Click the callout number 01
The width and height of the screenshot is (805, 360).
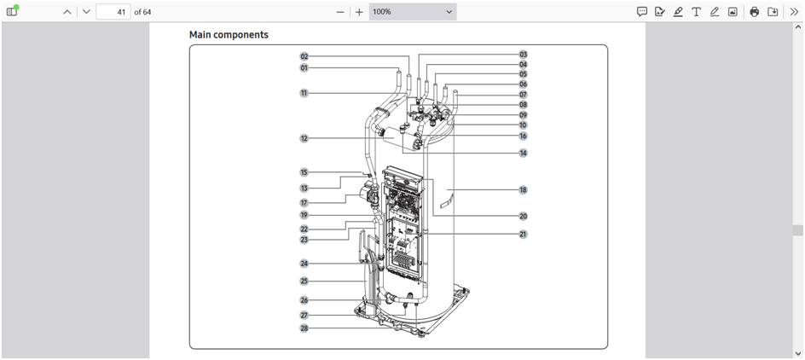tap(304, 67)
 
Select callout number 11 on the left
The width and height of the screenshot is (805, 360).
tap(304, 93)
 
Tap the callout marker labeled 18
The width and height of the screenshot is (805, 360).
tap(523, 189)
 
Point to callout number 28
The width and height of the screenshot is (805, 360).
tap(304, 328)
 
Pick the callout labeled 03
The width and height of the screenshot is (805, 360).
tap(523, 55)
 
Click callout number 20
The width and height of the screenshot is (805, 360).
tap(523, 216)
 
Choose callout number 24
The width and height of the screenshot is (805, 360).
tap(304, 264)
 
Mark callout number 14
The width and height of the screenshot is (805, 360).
tap(523, 154)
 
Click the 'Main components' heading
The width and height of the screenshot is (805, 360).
tap(229, 35)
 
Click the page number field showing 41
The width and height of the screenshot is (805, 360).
tap(113, 12)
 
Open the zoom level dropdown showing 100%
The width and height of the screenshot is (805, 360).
tap(413, 12)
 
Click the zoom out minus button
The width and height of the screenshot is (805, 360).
tap(340, 12)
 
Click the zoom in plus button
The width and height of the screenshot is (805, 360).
tap(359, 12)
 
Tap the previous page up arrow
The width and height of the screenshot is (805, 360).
tap(67, 12)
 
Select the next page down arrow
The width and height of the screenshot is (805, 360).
tap(86, 12)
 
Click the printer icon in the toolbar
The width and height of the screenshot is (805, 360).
tap(754, 12)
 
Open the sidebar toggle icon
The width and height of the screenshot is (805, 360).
tap(12, 12)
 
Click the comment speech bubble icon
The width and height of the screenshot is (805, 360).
tap(642, 12)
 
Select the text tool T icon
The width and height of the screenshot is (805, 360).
tap(696, 12)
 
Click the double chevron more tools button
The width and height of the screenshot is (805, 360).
tap(793, 12)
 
